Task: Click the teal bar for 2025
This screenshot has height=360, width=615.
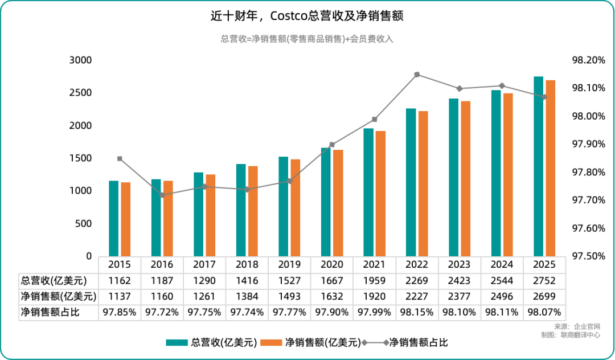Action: pyautogui.click(x=538, y=166)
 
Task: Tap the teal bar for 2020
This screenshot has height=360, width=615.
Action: pyautogui.click(x=326, y=202)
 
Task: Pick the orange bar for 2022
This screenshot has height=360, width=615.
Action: pyautogui.click(x=423, y=183)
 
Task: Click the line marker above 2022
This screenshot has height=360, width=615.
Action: pyautogui.click(x=417, y=75)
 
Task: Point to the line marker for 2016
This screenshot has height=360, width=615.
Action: pyautogui.click(x=162, y=195)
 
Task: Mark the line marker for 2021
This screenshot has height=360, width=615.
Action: pyautogui.click(x=375, y=120)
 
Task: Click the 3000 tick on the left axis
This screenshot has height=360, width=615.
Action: pyautogui.click(x=80, y=60)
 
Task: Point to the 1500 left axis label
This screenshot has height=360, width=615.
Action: pyautogui.click(x=80, y=158)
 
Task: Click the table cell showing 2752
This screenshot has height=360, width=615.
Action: pyautogui.click(x=544, y=280)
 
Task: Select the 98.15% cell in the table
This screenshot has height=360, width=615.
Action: pyautogui.click(x=417, y=312)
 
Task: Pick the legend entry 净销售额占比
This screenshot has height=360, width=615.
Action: pyautogui.click(x=419, y=342)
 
